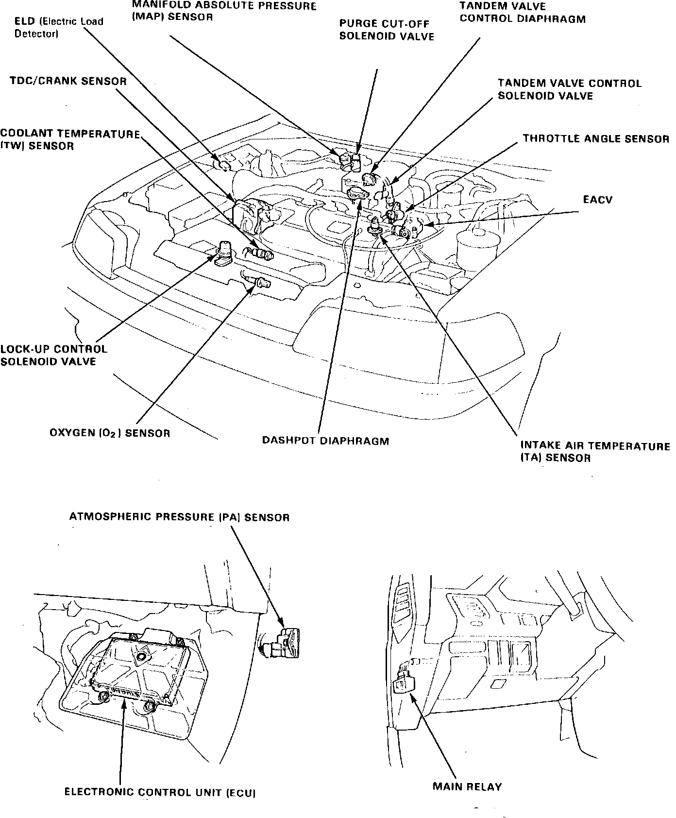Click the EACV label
(597, 200)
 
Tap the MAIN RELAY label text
(467, 786)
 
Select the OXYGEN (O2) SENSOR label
(110, 433)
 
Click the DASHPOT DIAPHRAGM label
(325, 441)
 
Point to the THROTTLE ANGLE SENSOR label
(596, 139)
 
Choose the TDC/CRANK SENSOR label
(68, 81)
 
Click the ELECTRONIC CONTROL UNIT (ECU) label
(160, 793)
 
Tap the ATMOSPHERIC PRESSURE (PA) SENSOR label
(179, 517)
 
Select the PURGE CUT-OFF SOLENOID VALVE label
(387, 30)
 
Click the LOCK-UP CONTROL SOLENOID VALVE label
(53, 355)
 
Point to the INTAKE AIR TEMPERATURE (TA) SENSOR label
(595, 452)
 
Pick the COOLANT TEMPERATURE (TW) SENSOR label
(70, 140)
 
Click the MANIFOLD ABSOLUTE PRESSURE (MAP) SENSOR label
(224, 12)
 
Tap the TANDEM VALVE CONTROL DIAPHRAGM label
(523, 13)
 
